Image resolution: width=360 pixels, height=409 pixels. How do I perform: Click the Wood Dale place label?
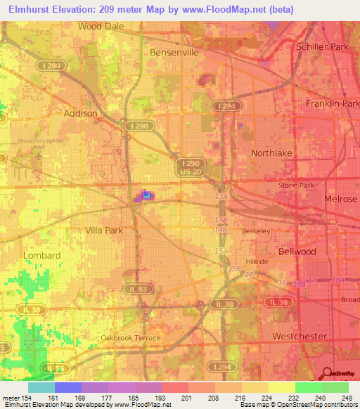pos(101,26)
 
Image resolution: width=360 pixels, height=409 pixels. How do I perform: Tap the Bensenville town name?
pos(174,52)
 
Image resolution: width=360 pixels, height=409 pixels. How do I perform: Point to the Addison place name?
pos(81,112)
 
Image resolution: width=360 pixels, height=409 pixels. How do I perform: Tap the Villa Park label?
pos(104,230)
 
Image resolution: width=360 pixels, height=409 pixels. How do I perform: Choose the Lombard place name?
pos(42,255)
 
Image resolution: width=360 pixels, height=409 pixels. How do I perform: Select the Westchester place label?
pos(300,336)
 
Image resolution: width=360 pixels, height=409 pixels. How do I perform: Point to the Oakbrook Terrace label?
pos(131,338)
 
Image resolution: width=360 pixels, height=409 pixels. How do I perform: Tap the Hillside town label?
pos(257,260)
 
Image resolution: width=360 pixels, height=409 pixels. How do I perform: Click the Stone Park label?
pos(295,185)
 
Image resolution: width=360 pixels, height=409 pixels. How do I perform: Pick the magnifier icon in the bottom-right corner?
pos(327,372)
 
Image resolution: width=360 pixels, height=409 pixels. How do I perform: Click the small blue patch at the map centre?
pos(147,195)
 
